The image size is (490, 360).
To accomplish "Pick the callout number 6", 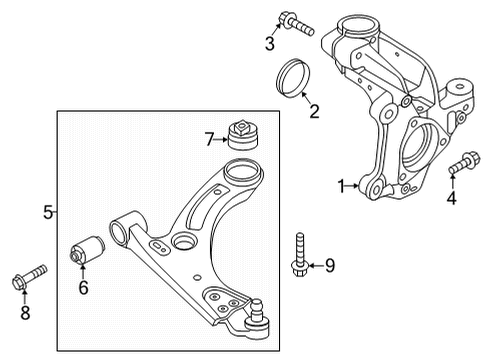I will [x=84, y=287].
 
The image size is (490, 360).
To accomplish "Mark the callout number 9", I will [x=331, y=265].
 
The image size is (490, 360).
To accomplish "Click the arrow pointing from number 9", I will [x=314, y=265].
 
